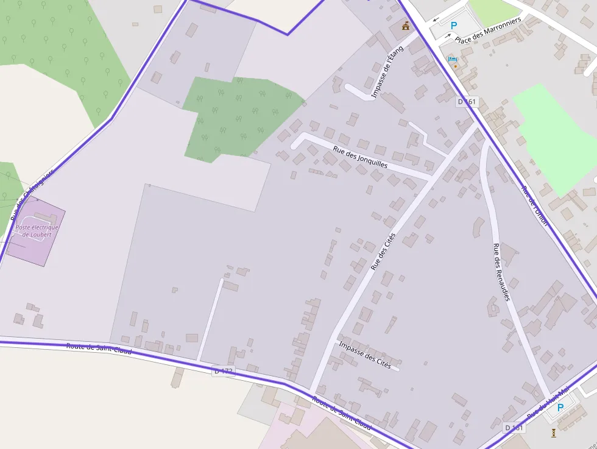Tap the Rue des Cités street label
coord(383,252)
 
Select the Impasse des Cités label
coord(364,354)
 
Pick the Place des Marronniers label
coord(488,30)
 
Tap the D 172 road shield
coord(223,370)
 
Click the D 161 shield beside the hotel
coord(467,102)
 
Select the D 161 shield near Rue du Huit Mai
coord(514,428)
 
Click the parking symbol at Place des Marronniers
coord(453,26)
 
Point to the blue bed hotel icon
coord(453,58)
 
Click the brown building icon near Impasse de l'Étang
coord(406,26)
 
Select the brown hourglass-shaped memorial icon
coord(553,433)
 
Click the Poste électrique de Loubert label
coord(38,231)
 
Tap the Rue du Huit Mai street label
coord(548,402)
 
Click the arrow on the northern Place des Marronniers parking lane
coord(437,19)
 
